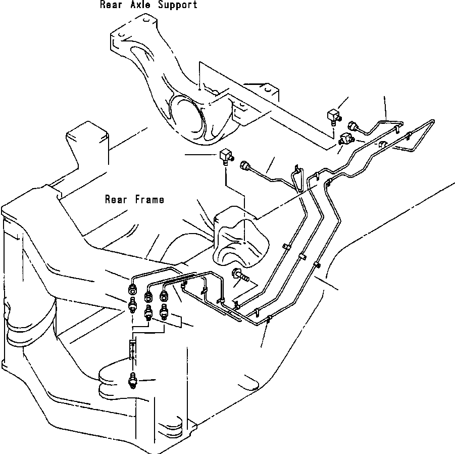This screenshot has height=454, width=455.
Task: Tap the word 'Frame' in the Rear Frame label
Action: coord(149,200)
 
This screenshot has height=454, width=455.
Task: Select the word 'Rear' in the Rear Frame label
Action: coord(115,200)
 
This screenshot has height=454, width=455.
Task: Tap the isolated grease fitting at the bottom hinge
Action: coord(134,380)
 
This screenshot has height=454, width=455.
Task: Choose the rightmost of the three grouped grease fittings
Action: coord(165,312)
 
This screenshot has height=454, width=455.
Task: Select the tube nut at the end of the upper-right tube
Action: coord(352,125)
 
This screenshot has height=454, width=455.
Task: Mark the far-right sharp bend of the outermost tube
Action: coord(436,121)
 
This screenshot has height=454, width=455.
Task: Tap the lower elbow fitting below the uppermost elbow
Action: coord(345,138)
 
